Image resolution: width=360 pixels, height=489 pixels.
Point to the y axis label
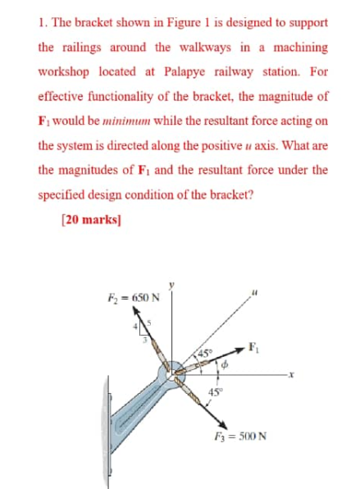pos(172,285)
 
